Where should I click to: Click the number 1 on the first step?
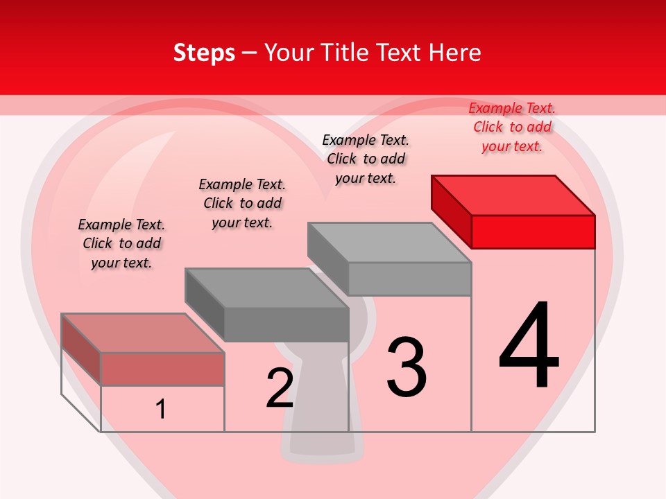[161, 409]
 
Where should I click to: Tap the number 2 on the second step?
[280, 387]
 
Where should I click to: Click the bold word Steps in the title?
[204, 53]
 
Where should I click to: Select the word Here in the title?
[455, 53]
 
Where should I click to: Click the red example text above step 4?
[512, 127]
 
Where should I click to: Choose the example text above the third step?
[366, 159]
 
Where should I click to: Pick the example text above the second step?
[242, 203]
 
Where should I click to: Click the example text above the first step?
[121, 243]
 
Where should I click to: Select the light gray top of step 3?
[389, 243]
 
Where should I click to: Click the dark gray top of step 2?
[266, 288]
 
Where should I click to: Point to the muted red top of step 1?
[143, 333]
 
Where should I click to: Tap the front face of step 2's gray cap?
[287, 324]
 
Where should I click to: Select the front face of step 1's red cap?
[162, 369]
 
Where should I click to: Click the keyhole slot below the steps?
[321, 444]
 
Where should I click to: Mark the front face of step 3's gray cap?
[409, 279]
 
